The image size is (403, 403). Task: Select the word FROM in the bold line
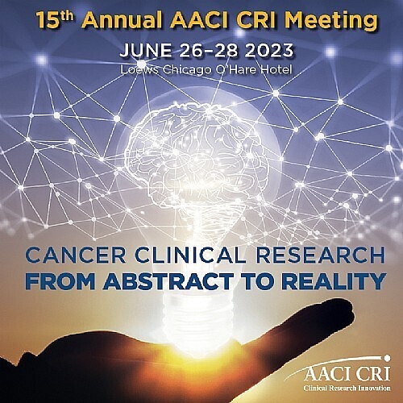60,283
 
